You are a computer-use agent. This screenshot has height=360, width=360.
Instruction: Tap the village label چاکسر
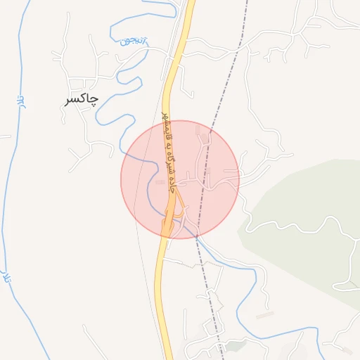(81, 100)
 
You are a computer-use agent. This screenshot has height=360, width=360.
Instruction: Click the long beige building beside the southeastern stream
(264, 316)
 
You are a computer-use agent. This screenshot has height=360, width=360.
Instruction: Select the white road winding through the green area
(349, 267)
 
